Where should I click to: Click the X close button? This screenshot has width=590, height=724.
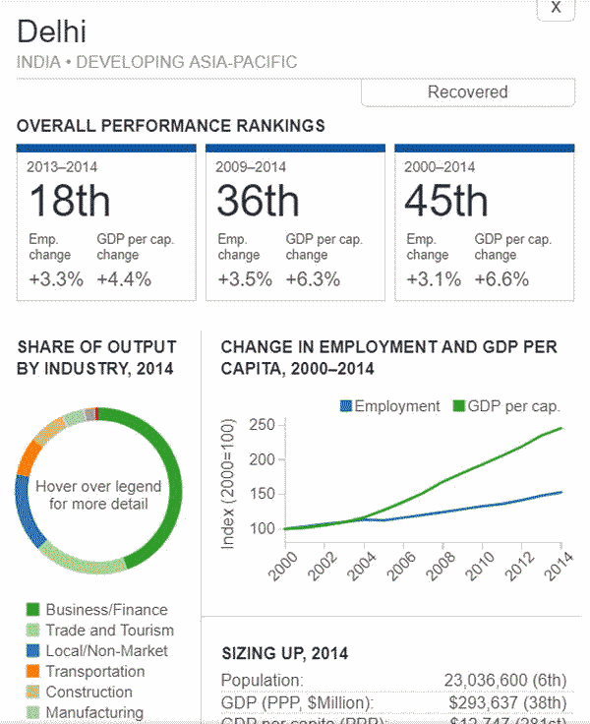click(x=556, y=8)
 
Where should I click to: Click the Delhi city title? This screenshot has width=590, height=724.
click(x=52, y=31)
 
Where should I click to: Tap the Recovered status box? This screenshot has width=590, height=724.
click(x=467, y=92)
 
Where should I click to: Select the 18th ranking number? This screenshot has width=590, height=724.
click(x=69, y=201)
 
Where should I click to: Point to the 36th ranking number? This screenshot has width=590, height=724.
click(x=258, y=201)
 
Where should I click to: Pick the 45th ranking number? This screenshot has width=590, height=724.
click(x=446, y=201)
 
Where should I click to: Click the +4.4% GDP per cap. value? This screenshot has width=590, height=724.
click(x=124, y=278)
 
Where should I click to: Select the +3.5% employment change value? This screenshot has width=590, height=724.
click(x=245, y=278)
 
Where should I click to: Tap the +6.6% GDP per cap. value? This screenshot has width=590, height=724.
click(x=501, y=278)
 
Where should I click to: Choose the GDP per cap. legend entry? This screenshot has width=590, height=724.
click(x=505, y=406)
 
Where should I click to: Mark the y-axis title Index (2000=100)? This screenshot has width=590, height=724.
click(x=228, y=482)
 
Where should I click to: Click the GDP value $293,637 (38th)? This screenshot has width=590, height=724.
click(x=507, y=702)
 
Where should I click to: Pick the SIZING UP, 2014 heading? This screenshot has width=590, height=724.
click(x=284, y=653)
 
